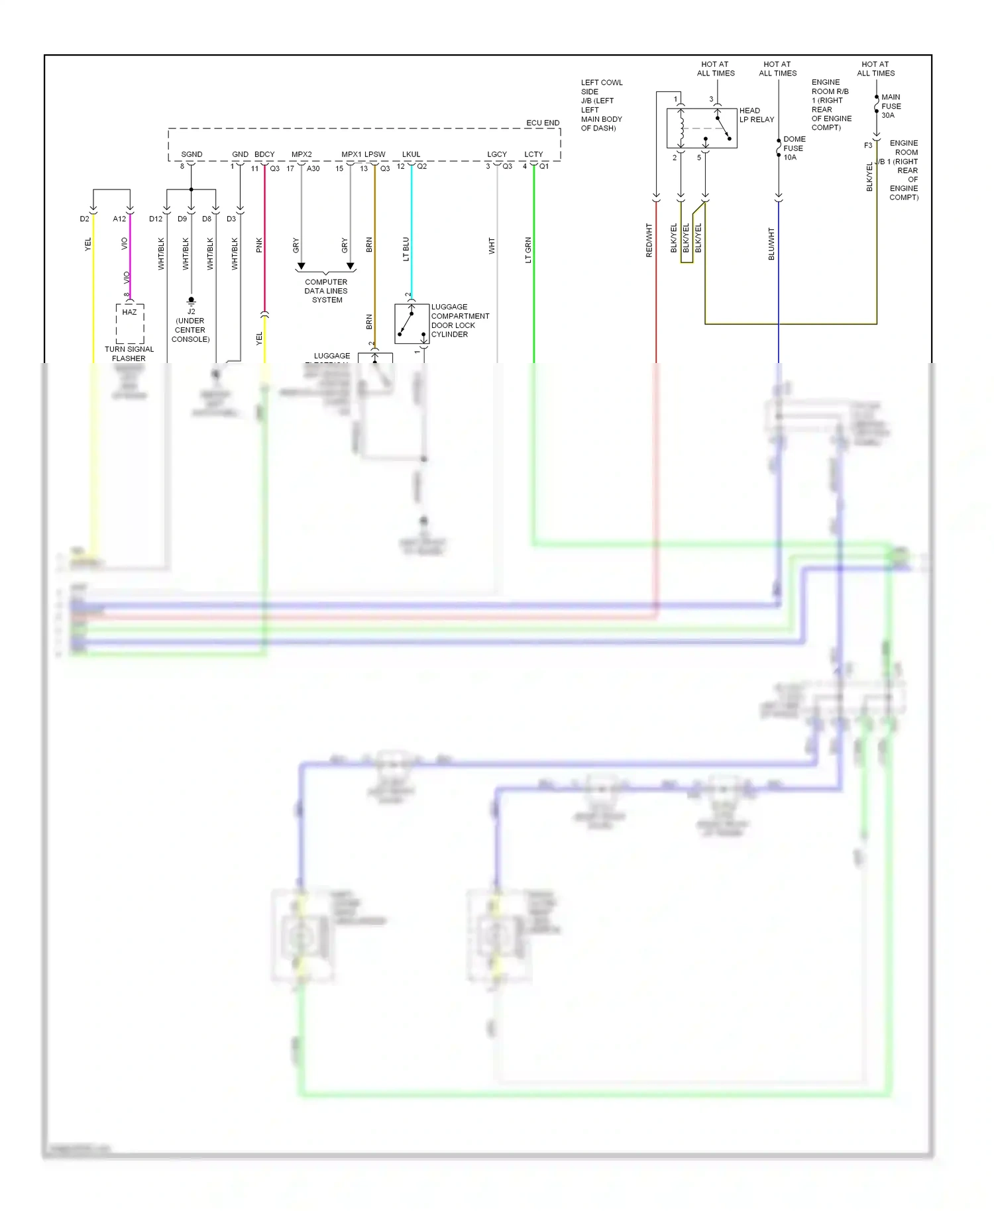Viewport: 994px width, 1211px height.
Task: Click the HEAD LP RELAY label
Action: point(756,115)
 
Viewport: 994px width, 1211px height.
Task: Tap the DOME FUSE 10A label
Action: point(794,148)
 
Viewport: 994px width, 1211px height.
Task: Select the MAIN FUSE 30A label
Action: point(891,106)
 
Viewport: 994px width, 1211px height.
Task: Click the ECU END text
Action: point(543,123)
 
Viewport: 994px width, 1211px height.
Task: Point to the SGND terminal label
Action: point(192,154)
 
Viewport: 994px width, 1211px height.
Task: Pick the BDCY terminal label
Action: point(264,154)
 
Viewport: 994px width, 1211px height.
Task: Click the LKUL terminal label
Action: point(411,154)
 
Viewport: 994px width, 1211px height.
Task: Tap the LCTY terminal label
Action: point(533,154)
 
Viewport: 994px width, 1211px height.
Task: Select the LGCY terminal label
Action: point(497,154)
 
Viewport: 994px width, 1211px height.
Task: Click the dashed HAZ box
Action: point(130,323)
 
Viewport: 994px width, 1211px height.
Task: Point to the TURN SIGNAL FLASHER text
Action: point(129,354)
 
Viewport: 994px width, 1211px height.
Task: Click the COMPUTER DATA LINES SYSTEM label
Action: point(326,291)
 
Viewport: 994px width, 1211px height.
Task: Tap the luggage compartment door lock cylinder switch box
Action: point(412,323)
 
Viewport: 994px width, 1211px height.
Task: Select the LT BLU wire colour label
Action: point(406,249)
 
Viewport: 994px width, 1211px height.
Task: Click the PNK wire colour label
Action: point(259,245)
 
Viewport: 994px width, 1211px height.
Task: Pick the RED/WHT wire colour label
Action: point(649,240)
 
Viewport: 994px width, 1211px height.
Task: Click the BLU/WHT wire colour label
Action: point(771,243)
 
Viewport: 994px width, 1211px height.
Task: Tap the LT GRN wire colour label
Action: point(528,250)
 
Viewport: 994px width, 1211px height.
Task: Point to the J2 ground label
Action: point(191,311)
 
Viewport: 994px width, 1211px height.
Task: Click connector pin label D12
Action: point(156,219)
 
